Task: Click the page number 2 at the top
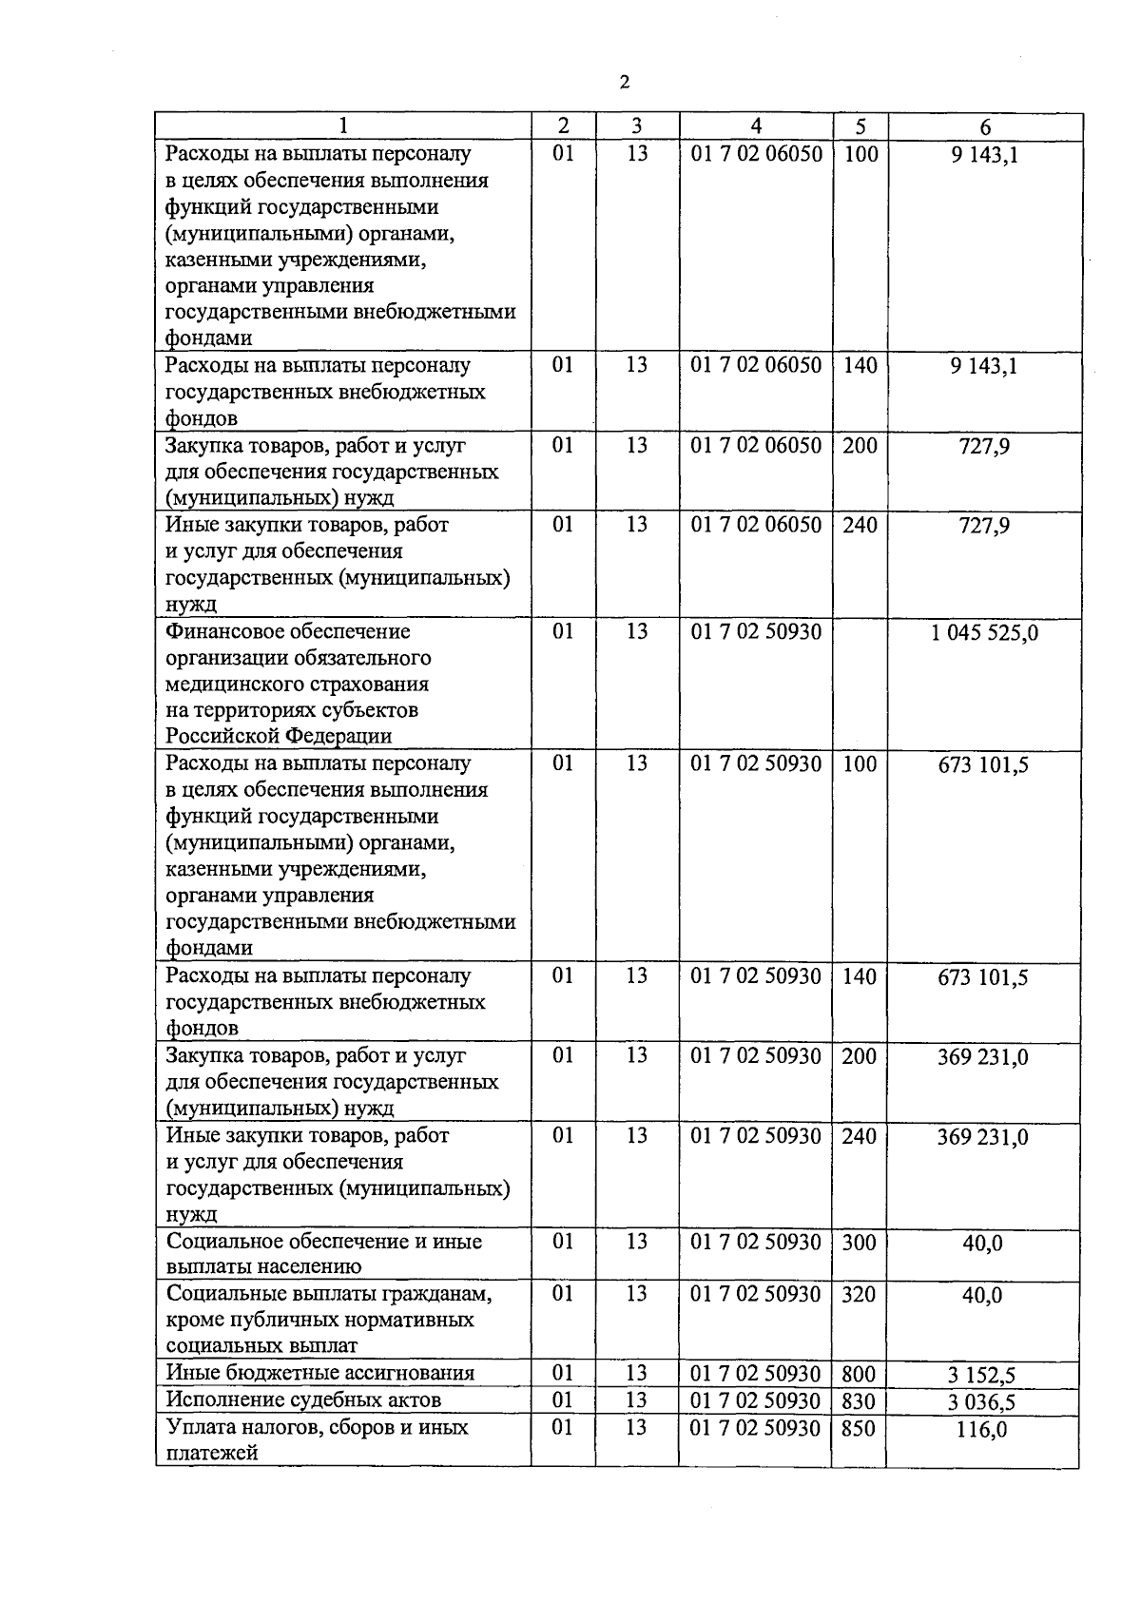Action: pyautogui.click(x=624, y=83)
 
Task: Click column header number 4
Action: pyautogui.click(x=756, y=126)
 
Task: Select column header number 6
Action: pyautogui.click(x=985, y=127)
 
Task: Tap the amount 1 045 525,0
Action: pyautogui.click(x=984, y=632)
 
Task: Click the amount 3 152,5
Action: pyautogui.click(x=983, y=1375)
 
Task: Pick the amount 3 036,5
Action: pyautogui.click(x=983, y=1401)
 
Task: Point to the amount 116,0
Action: pyautogui.click(x=983, y=1429)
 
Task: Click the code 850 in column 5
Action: pyautogui.click(x=859, y=1428)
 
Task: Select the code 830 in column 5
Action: pyautogui.click(x=859, y=1400)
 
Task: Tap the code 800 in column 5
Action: pyautogui.click(x=859, y=1374)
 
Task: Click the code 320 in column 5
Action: pyautogui.click(x=859, y=1294)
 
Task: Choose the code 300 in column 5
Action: pyautogui.click(x=859, y=1242)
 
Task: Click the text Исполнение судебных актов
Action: pyautogui.click(x=303, y=1399)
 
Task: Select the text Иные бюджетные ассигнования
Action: pyautogui.click(x=319, y=1373)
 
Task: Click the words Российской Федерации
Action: pyautogui.click(x=279, y=736)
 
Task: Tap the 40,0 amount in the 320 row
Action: pyautogui.click(x=982, y=1295)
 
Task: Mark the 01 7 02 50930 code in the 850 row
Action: pyautogui.click(x=756, y=1427)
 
